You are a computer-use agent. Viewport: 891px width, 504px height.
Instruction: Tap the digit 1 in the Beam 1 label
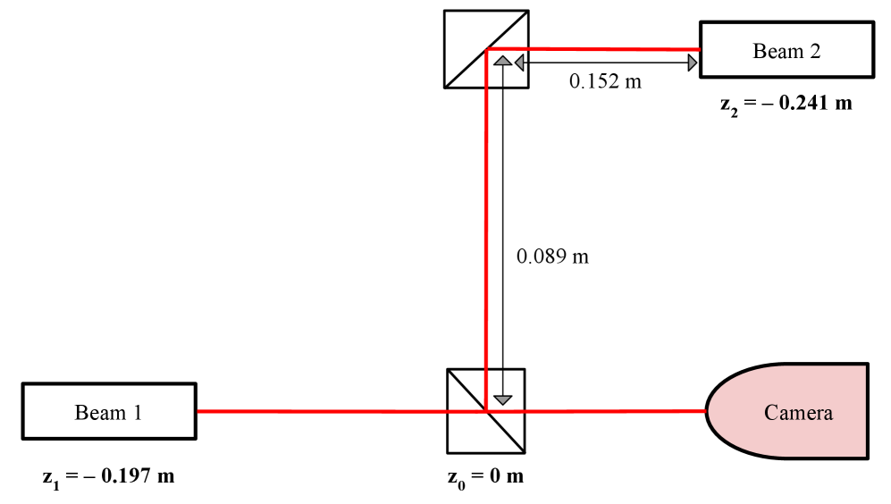coord(138,413)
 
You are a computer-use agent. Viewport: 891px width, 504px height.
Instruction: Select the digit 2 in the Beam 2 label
coord(815,51)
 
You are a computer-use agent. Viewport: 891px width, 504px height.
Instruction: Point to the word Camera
coord(798,413)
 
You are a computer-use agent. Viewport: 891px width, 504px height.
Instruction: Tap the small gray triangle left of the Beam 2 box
coord(692,63)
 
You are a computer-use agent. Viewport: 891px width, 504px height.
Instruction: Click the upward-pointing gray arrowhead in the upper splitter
coord(503,62)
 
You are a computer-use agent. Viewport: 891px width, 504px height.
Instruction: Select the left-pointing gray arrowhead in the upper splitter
coord(519,62)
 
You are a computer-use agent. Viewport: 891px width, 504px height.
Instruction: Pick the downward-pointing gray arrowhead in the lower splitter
coord(503,399)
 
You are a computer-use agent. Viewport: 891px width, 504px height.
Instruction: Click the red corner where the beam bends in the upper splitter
coord(487,51)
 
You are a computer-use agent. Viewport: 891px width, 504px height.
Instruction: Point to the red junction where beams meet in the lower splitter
coord(485,411)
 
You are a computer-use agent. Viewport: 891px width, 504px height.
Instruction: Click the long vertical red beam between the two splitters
coord(486,223)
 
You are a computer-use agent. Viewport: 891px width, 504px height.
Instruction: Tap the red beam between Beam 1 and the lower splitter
coord(322,411)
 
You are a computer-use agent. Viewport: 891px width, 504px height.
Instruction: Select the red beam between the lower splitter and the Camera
coord(617,411)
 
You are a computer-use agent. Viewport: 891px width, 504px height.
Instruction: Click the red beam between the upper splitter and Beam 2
coord(626,49)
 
